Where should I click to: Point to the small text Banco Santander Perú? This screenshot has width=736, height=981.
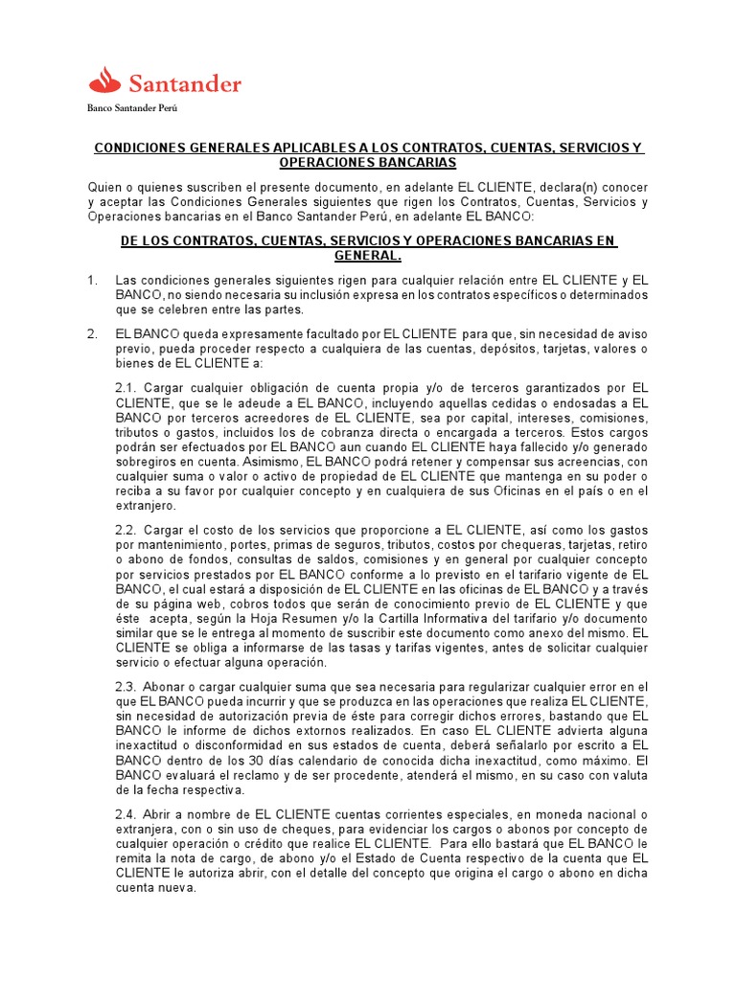click(132, 108)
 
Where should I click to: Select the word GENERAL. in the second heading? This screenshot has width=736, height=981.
click(368, 257)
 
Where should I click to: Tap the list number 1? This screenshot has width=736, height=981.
click(92, 280)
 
